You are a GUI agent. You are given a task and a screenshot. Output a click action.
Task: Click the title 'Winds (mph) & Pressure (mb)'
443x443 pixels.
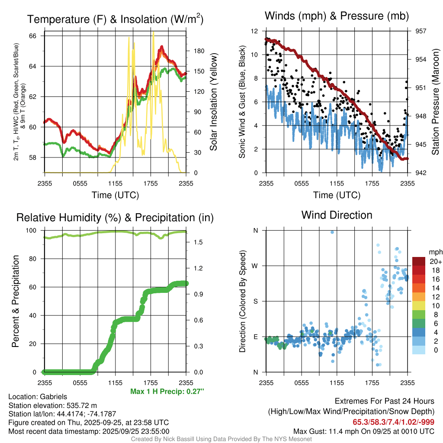337,16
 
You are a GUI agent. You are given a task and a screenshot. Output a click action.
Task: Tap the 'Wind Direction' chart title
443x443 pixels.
337,215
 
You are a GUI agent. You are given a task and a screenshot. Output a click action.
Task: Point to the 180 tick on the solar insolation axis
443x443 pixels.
199,51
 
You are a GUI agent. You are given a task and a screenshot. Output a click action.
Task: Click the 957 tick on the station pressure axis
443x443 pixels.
421,31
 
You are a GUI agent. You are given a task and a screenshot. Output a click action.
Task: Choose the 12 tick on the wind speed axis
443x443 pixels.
255,31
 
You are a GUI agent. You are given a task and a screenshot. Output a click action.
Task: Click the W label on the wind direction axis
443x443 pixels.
255,266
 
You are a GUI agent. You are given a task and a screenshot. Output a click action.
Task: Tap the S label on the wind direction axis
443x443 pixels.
255,301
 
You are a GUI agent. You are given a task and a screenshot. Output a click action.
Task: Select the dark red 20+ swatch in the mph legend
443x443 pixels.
419,261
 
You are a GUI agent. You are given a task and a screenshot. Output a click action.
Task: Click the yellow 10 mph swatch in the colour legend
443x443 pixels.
419,305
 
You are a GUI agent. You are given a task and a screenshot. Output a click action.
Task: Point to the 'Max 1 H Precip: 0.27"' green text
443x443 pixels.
167,392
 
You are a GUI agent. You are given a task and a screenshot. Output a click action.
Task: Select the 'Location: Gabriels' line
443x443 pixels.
38,397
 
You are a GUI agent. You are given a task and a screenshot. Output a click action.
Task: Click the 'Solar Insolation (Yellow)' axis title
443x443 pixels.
213,102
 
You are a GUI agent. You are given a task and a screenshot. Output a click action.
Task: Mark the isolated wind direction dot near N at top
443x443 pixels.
332,232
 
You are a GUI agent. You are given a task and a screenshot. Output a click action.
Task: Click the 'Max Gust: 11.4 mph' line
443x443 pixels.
364,431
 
